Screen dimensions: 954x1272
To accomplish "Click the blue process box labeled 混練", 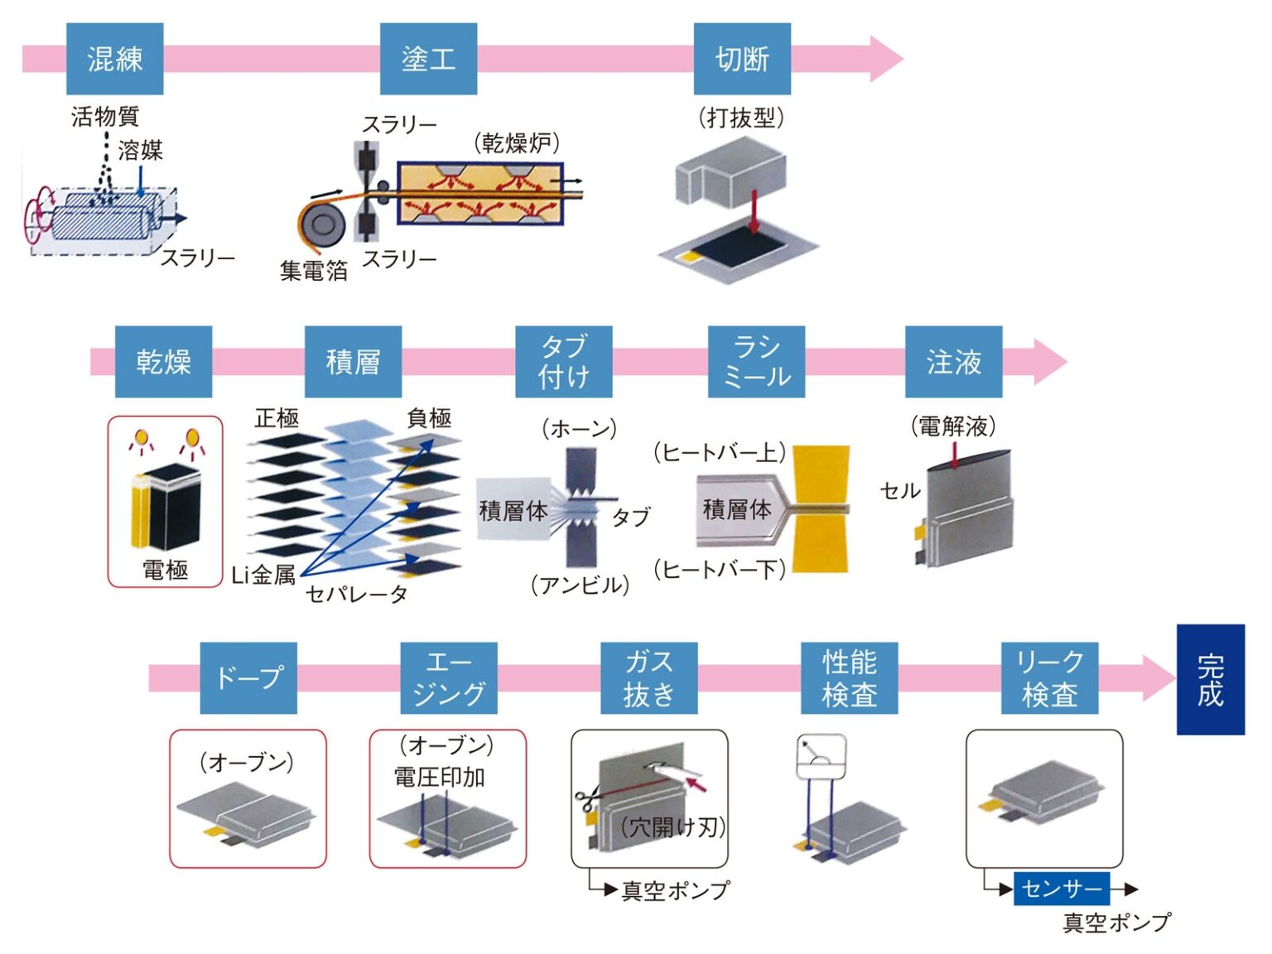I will click(114, 59).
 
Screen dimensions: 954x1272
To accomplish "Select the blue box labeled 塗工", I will click(428, 59).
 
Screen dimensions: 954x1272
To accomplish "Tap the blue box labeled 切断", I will click(741, 59).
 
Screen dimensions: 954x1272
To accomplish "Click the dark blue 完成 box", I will click(1210, 680).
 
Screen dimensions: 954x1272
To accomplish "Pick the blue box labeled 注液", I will click(953, 362).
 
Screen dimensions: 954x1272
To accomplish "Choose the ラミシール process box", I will click(756, 362).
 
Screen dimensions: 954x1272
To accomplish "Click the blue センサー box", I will click(1061, 889).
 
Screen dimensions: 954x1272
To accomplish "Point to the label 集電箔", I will click(313, 270).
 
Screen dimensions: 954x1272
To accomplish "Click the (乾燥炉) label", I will click(517, 143).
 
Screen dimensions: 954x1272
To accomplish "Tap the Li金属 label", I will click(263, 575).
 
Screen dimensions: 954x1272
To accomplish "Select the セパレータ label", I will click(356, 594).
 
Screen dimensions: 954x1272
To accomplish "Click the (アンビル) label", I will click(580, 585).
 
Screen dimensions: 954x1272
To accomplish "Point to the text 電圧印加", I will click(439, 777).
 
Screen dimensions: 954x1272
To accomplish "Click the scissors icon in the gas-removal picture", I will click(587, 799).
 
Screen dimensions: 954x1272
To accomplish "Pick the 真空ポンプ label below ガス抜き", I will click(675, 890).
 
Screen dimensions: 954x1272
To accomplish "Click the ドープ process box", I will click(248, 677).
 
